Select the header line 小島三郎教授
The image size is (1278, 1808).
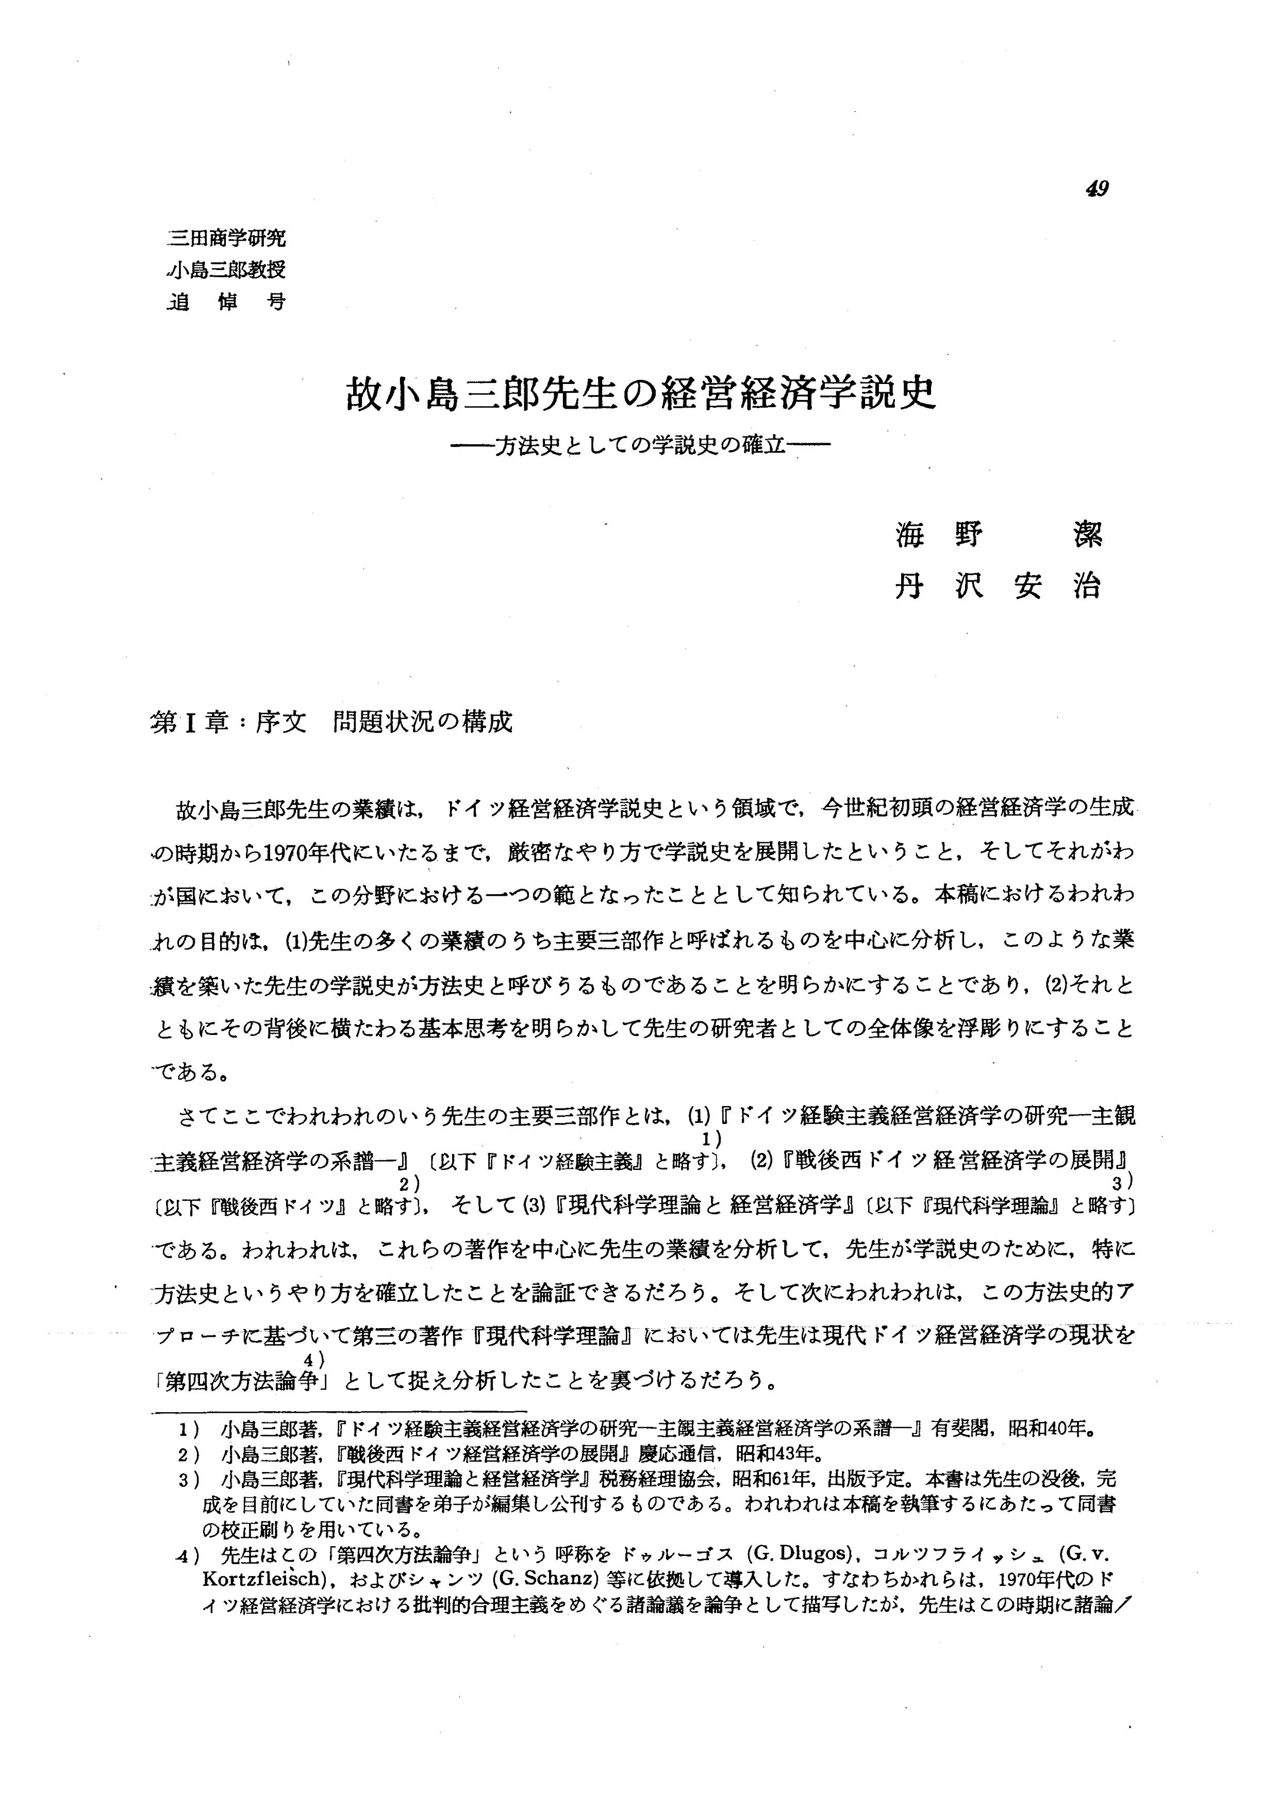(x=227, y=270)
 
